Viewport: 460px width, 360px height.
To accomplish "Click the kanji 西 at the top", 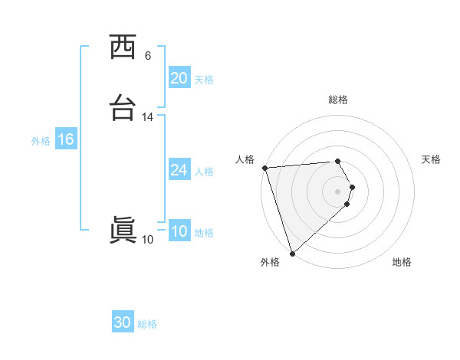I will (123, 48).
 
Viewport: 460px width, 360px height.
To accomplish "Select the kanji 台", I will (123, 110).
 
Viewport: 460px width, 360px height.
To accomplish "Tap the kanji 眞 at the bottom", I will (123, 231).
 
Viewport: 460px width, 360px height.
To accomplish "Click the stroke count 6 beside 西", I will (148, 56).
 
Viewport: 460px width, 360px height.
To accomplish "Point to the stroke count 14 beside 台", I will (148, 117).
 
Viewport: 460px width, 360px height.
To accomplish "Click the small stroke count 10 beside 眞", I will (148, 240).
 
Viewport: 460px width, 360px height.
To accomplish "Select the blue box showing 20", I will (179, 78).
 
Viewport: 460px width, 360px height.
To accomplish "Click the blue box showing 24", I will (179, 170).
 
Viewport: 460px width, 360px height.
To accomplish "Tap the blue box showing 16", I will (65, 139).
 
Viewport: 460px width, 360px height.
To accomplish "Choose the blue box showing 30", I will (123, 322).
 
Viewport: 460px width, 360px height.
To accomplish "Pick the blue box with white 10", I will (179, 231).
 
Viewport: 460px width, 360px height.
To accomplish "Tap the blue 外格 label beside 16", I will (41, 141).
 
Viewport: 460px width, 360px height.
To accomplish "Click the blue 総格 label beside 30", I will (147, 324).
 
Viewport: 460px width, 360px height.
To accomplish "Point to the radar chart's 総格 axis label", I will (338, 100).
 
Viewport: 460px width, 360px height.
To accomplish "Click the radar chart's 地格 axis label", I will (402, 262).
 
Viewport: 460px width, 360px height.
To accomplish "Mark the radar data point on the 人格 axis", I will (264, 168).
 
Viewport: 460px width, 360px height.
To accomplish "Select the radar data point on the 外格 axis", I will (292, 253).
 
